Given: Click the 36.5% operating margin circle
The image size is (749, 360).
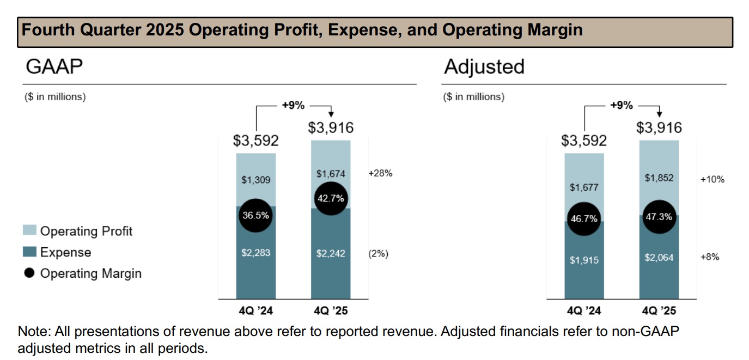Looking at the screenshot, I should pyautogui.click(x=255, y=215).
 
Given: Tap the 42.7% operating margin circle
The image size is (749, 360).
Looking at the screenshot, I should pyautogui.click(x=331, y=198).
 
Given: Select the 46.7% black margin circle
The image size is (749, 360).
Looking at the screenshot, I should pyautogui.click(x=584, y=219).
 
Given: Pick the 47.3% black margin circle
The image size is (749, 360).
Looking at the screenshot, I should pyautogui.click(x=659, y=216).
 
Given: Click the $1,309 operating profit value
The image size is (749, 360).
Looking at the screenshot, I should pyautogui.click(x=255, y=180).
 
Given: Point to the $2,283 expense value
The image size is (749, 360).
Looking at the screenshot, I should pyautogui.click(x=255, y=253).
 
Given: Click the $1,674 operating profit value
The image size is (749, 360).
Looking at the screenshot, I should pyautogui.click(x=331, y=174).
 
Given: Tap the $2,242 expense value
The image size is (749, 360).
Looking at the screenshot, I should pyautogui.click(x=331, y=253).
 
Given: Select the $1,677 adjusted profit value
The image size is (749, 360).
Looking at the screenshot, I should pyautogui.click(x=584, y=188).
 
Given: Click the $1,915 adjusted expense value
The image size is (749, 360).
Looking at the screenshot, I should pyautogui.click(x=584, y=260).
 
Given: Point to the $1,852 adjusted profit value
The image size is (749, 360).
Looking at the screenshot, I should pyautogui.click(x=659, y=178).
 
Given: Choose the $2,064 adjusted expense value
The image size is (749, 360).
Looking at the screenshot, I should pyautogui.click(x=659, y=258).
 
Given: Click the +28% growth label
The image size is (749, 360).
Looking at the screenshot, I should pyautogui.click(x=380, y=174).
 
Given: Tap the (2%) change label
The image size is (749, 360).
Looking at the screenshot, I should pyautogui.click(x=379, y=253).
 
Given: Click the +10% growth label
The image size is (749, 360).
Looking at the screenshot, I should pyautogui.click(x=713, y=179).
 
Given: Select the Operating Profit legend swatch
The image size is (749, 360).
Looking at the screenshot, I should pyautogui.click(x=30, y=231).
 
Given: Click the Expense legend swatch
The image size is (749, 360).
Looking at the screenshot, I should pyautogui.click(x=30, y=252).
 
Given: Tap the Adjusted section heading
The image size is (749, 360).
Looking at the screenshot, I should pyautogui.click(x=484, y=66).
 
